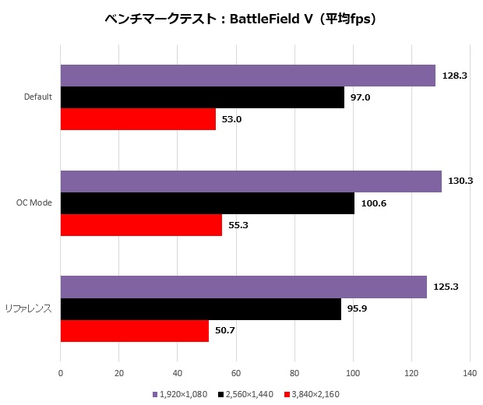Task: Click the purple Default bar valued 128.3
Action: click(x=248, y=76)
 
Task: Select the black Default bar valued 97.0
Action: click(x=202, y=97)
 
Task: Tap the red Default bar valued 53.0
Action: click(x=138, y=119)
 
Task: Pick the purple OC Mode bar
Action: click(x=251, y=181)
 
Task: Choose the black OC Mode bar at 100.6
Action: click(x=207, y=203)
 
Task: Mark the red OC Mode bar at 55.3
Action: click(x=141, y=225)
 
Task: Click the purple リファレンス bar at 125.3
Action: click(x=243, y=287)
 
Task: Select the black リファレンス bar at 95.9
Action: click(x=200, y=309)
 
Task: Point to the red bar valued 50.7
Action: click(x=134, y=331)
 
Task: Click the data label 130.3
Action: click(x=460, y=181)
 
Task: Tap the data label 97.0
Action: click(x=361, y=97)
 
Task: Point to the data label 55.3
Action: click(x=238, y=225)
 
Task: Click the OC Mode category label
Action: click(x=34, y=202)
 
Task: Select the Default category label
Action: click(x=38, y=97)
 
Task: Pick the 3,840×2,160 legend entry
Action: click(x=317, y=395)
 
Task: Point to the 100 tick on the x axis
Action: click(x=353, y=373)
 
